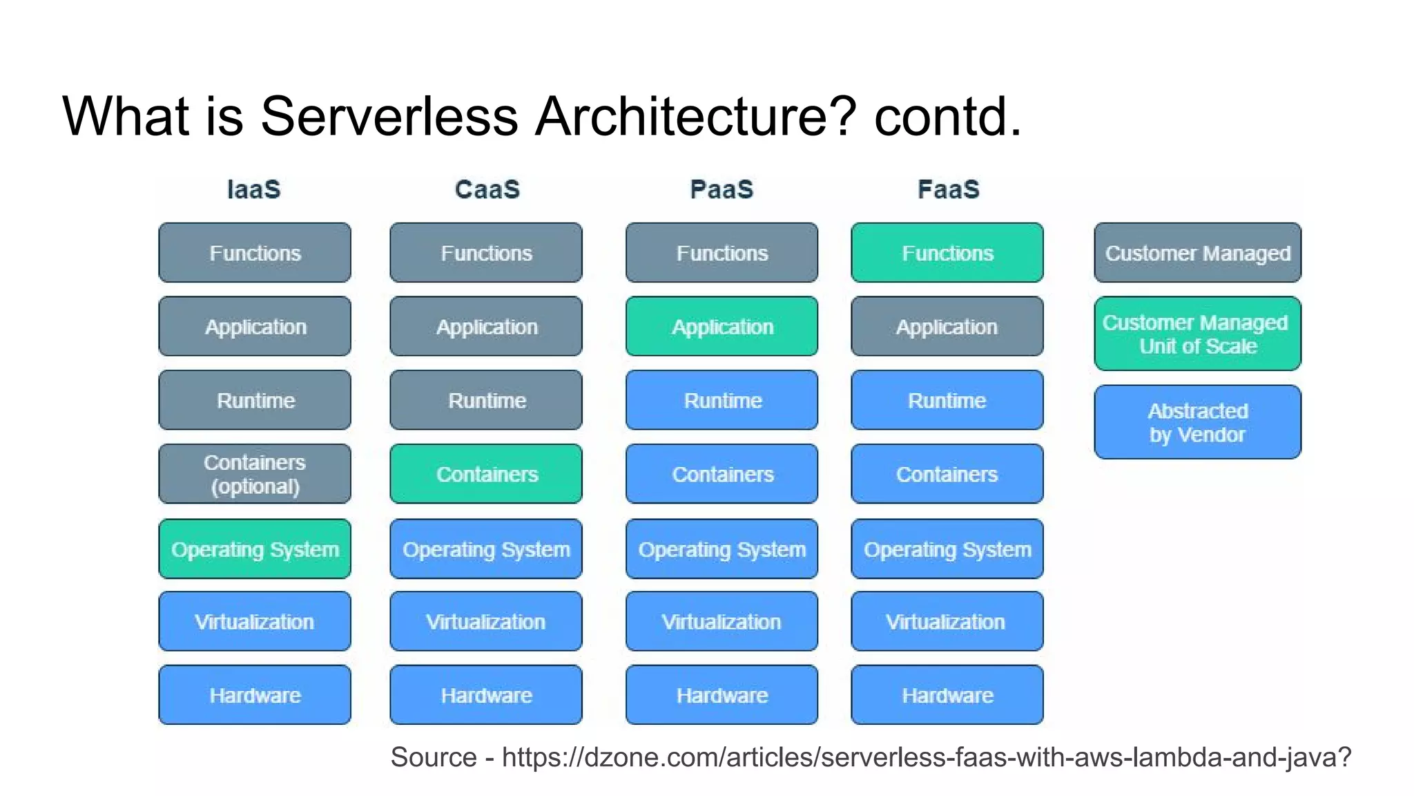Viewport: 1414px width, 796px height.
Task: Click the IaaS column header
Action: point(254,189)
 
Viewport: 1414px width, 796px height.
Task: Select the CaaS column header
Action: point(487,189)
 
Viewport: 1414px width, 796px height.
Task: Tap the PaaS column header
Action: point(721,189)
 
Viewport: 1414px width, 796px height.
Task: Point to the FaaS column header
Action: point(948,189)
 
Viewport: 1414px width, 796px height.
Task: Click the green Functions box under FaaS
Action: point(947,253)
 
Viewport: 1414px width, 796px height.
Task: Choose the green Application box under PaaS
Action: point(722,327)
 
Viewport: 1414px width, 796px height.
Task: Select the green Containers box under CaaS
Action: point(486,474)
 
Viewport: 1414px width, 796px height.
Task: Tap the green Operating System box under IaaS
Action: point(255,549)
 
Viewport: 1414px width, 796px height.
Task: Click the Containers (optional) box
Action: point(255,474)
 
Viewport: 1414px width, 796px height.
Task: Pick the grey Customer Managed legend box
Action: point(1198,253)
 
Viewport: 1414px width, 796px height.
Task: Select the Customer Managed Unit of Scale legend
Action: point(1198,334)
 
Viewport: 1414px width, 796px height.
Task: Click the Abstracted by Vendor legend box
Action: point(1198,422)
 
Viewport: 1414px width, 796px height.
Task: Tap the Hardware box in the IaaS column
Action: point(255,695)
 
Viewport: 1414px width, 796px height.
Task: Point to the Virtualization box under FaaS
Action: point(947,622)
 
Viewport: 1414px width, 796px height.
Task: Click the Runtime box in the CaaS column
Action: point(486,401)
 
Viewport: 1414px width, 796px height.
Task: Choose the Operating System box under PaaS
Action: point(722,549)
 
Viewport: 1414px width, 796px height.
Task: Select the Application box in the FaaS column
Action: point(947,327)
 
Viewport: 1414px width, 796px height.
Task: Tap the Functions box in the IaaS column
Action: point(255,253)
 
